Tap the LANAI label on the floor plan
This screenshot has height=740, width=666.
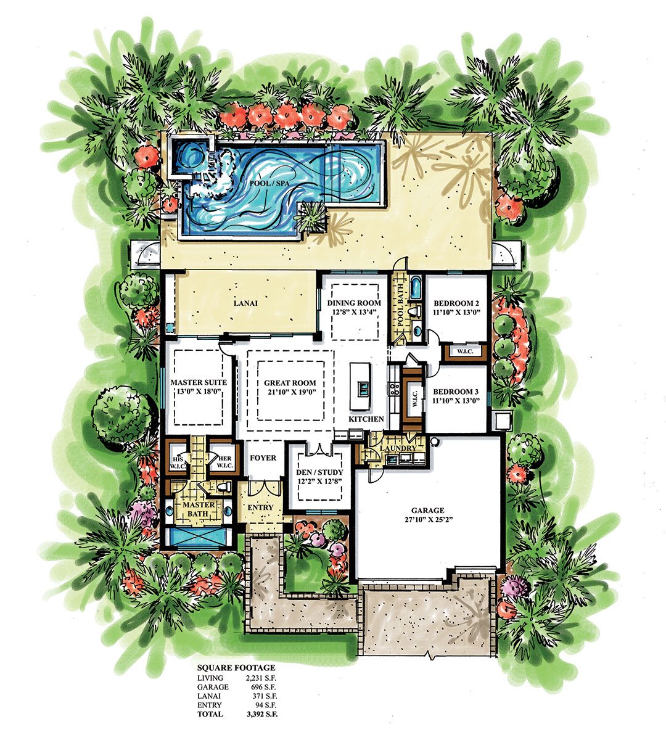[245, 303]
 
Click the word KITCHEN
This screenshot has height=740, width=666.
[366, 419]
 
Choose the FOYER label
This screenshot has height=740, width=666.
[263, 458]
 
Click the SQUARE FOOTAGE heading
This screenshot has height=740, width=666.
[236, 667]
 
